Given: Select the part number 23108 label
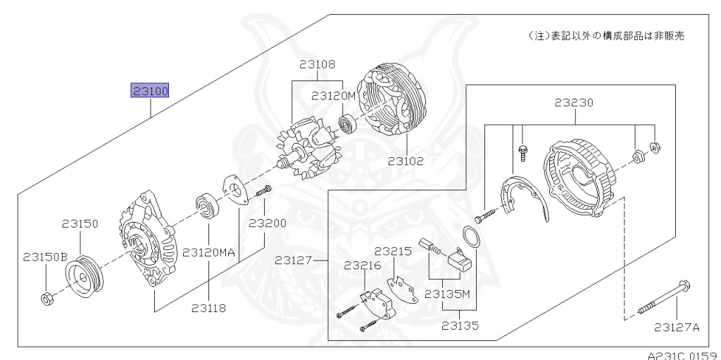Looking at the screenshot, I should (x=316, y=64).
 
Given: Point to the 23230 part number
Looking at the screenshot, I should (x=574, y=102).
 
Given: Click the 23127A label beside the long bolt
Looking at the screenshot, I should (x=677, y=326).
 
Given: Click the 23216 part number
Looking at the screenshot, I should (x=363, y=266).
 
